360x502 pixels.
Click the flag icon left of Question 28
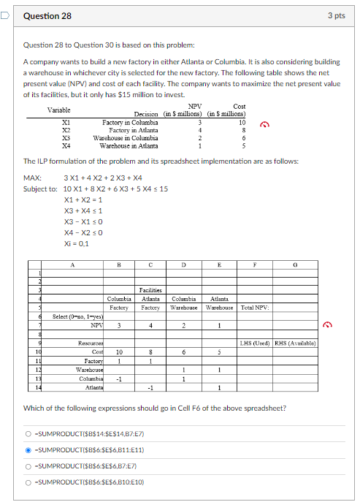click(x=5, y=15)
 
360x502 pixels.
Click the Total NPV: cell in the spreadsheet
click(x=255, y=307)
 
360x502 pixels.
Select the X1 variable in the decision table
click(x=66, y=122)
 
